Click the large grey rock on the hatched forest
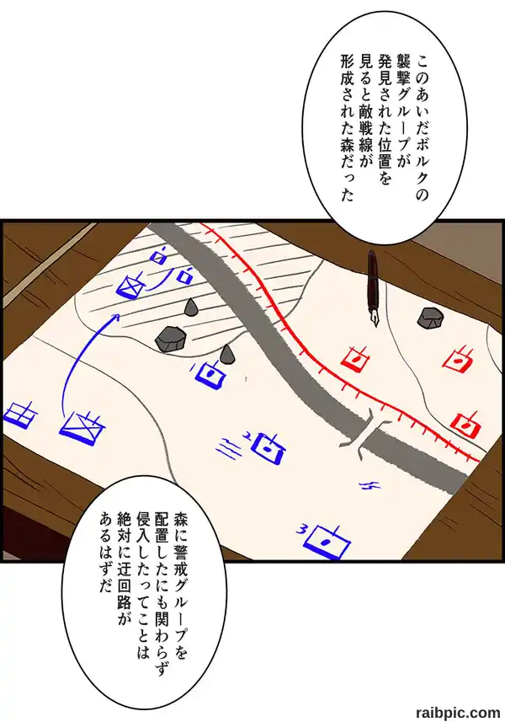[x=170, y=339]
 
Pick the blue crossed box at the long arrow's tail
[x=82, y=428]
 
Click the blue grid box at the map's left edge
[x=20, y=413]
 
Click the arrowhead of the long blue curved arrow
[x=116, y=317]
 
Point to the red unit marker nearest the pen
[x=356, y=358]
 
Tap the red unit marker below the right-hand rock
[x=459, y=361]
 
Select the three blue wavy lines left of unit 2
[x=230, y=447]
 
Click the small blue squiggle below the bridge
[x=370, y=485]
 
